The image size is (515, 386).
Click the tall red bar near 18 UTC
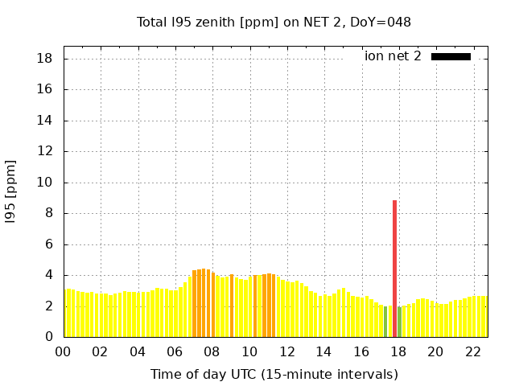(x=395, y=265)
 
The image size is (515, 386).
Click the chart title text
(x=274, y=22)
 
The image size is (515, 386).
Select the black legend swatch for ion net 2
(x=451, y=56)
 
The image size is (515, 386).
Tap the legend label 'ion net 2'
(x=393, y=56)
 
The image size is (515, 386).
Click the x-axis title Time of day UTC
(x=274, y=374)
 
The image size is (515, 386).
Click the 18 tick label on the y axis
(x=45, y=59)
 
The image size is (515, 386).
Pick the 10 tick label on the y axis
(x=45, y=183)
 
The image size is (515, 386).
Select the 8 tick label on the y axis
(x=48, y=213)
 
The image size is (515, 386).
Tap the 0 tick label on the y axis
(x=48, y=337)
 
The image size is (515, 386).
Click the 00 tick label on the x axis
(x=64, y=352)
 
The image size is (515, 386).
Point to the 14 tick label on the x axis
(x=323, y=352)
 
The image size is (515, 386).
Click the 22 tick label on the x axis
(x=472, y=352)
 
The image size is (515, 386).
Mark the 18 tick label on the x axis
(x=398, y=352)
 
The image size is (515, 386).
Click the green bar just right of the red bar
(x=400, y=322)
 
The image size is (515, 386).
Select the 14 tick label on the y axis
(x=45, y=121)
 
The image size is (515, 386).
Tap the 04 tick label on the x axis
(x=138, y=352)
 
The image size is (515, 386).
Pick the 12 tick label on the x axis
(x=286, y=352)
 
